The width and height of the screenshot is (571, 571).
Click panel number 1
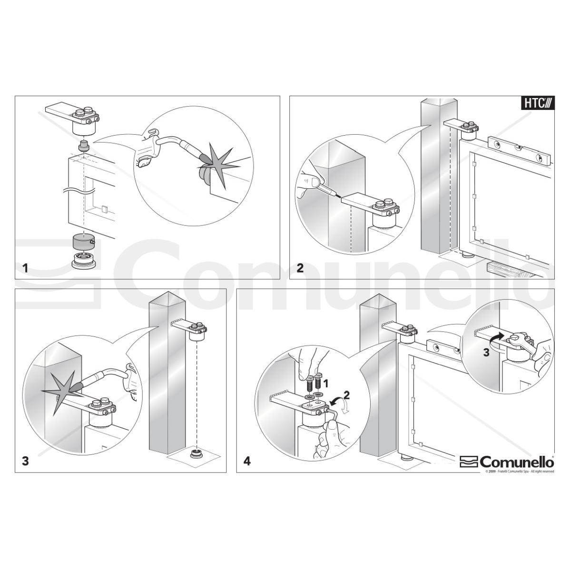coord(25,268)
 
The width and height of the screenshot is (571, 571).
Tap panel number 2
coord(300,268)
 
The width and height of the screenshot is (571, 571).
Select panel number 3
coord(25,461)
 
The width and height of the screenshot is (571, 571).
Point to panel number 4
coord(246,461)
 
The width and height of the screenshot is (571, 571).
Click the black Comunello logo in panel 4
coord(507,462)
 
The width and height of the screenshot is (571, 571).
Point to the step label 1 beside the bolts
coord(326,382)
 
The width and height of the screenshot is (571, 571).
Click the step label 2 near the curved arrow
coord(346,394)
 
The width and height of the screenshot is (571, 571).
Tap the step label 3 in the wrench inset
coord(485,353)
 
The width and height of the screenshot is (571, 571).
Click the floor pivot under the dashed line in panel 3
coord(195,453)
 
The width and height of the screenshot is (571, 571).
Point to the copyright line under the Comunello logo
coord(520,471)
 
